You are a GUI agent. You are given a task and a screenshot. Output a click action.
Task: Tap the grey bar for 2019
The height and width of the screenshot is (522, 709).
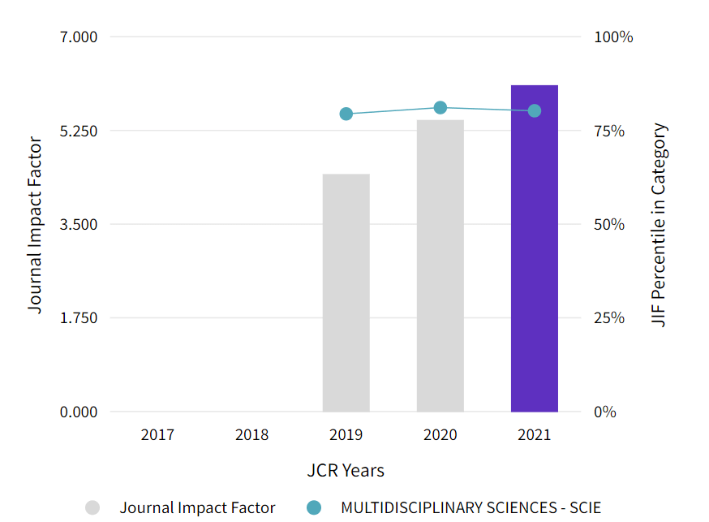click(x=346, y=292)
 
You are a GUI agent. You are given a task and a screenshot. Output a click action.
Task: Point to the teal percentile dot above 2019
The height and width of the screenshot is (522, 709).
click(x=346, y=114)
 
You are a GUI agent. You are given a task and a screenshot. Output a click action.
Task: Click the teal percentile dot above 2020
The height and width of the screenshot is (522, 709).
click(x=440, y=108)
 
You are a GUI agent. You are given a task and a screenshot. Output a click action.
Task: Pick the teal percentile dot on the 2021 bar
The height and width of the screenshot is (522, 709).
click(x=535, y=110)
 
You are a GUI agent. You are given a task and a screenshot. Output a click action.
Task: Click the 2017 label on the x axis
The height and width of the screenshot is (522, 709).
click(x=157, y=435)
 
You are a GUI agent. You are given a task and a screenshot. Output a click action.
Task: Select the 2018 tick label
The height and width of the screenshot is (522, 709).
click(x=251, y=435)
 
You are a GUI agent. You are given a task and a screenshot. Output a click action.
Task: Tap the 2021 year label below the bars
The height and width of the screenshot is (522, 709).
click(x=534, y=435)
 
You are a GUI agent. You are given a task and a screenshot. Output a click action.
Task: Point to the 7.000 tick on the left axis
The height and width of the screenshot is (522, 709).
click(x=79, y=37)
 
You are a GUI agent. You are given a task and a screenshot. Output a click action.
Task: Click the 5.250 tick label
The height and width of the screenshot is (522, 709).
click(x=79, y=131)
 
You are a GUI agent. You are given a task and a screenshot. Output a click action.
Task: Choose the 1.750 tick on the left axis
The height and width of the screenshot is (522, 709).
click(x=79, y=317)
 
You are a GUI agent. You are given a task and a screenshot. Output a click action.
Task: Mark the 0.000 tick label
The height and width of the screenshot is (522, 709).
click(x=79, y=412)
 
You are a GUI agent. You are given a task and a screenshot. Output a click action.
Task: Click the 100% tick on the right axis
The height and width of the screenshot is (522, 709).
click(x=613, y=37)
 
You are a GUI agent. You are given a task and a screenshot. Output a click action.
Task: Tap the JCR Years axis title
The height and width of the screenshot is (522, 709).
click(x=346, y=471)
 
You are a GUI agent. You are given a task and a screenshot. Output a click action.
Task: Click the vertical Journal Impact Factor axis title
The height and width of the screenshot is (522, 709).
click(x=35, y=225)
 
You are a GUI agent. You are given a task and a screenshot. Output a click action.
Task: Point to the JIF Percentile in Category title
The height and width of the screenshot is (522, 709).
click(x=660, y=225)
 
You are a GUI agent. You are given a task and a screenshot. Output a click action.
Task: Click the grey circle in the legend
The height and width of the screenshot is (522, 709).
click(x=92, y=508)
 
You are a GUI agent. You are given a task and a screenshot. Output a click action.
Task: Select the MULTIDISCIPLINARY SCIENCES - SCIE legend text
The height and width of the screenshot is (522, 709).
click(x=471, y=508)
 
